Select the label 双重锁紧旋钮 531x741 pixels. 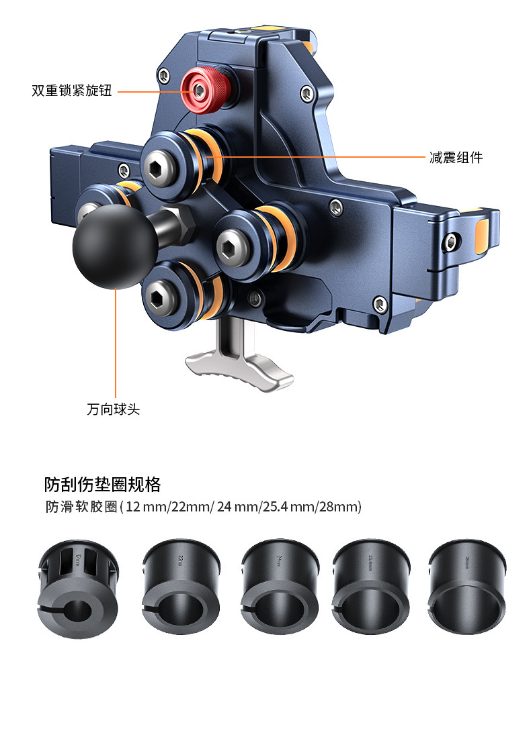[x=72, y=90]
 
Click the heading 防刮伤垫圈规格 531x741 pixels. [x=102, y=484]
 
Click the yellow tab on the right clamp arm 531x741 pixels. [x=482, y=236]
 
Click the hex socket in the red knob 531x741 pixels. [x=200, y=90]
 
